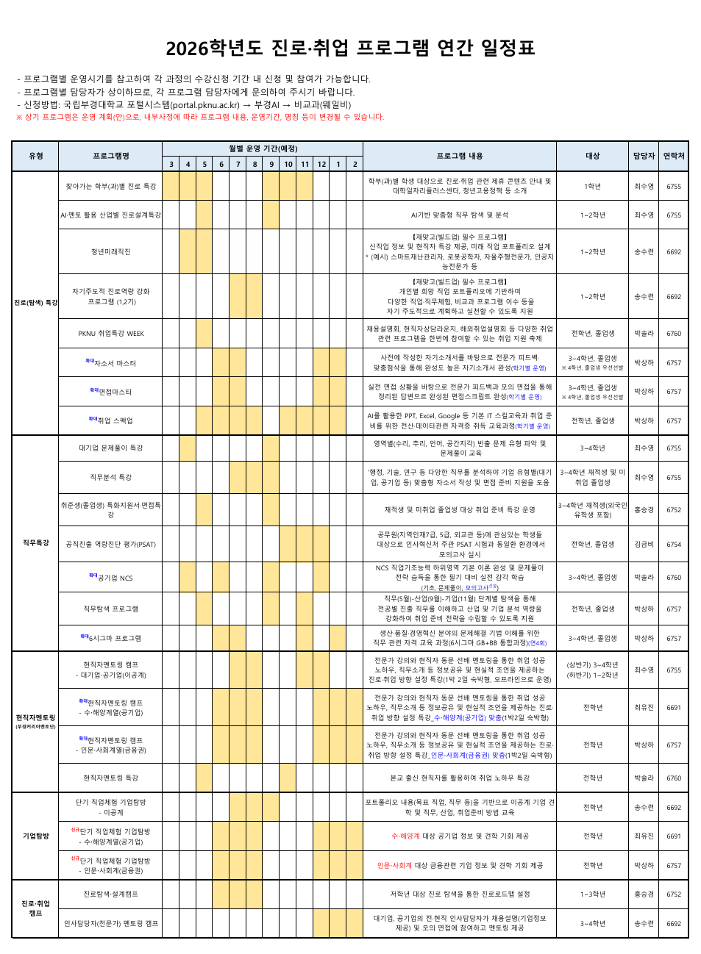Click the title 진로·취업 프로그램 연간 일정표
(x=350, y=49)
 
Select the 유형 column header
(x=35, y=156)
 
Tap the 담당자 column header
(x=644, y=156)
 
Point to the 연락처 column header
(x=674, y=156)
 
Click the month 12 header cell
(x=321, y=165)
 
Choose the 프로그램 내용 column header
(x=459, y=156)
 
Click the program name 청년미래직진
(x=110, y=252)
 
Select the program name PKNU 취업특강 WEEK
(x=111, y=334)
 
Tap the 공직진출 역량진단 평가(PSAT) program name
(x=110, y=545)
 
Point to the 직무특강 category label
(x=35, y=543)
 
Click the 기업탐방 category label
(x=35, y=836)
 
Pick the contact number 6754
(x=674, y=545)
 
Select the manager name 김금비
(x=644, y=545)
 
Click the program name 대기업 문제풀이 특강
(x=110, y=448)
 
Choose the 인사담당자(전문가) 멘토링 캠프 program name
(x=110, y=924)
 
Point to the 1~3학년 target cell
(x=592, y=894)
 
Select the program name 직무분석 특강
(x=110, y=478)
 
